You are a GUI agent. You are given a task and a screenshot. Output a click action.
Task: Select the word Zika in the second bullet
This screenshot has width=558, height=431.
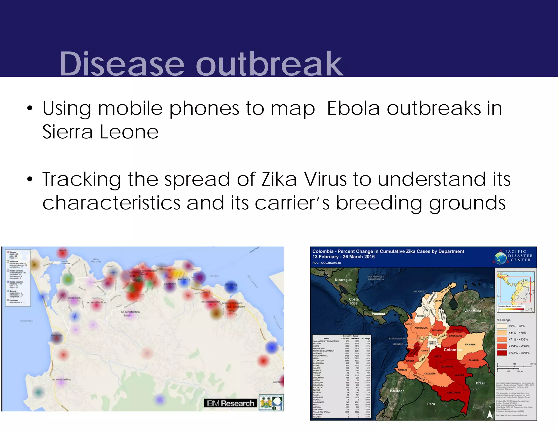279,180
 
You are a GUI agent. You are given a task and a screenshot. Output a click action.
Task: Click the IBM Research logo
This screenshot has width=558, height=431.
230,403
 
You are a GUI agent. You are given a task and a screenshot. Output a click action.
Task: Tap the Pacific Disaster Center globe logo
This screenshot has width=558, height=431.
501,258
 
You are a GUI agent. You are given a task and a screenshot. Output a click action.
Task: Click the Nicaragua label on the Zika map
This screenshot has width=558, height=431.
343,280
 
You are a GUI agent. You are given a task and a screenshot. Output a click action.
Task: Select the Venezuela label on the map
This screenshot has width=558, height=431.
472,311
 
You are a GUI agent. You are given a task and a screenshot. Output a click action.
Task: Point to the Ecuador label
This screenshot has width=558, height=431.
397,391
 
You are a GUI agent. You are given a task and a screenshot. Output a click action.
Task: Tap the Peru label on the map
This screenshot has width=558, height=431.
431,404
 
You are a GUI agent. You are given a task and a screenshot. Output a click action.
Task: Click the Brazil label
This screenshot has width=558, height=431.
480,383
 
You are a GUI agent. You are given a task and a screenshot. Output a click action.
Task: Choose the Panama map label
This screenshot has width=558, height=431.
378,314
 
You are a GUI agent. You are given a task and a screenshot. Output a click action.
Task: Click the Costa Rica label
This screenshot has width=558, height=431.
354,301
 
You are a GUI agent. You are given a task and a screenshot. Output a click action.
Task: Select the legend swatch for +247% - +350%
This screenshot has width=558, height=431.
502,353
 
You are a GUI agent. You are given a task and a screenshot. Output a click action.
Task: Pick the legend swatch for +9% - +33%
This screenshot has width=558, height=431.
502,326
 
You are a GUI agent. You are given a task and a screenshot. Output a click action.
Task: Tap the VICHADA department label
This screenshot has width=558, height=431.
470,344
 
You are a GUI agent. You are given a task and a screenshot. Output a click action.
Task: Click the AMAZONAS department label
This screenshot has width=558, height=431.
454,393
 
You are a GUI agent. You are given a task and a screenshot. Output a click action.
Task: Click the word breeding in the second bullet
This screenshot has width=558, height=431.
379,203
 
